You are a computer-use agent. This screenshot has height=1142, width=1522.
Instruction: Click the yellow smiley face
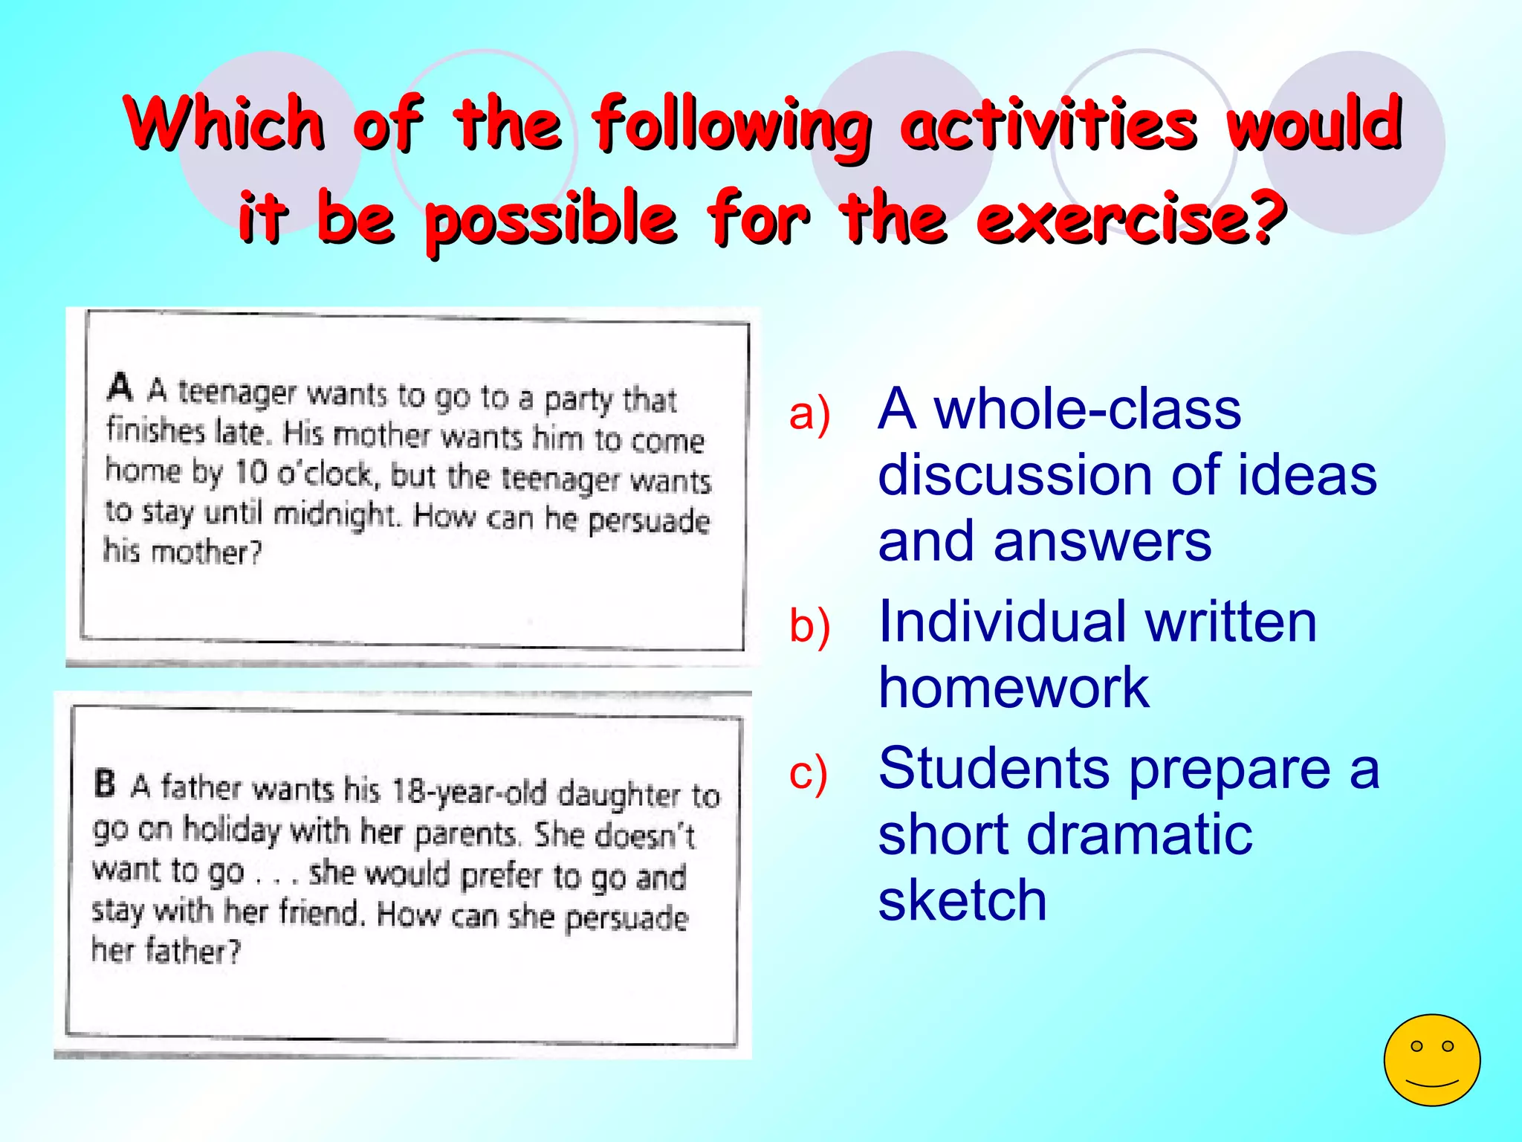(x=1431, y=1059)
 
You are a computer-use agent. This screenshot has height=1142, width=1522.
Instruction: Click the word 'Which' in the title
(x=225, y=123)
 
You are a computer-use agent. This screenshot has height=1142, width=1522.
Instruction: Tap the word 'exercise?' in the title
(x=1131, y=218)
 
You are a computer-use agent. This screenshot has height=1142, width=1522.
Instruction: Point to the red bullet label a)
(x=809, y=413)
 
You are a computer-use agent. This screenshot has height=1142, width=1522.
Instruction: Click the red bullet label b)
(x=809, y=625)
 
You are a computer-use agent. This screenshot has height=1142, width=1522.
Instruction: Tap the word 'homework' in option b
(x=1014, y=687)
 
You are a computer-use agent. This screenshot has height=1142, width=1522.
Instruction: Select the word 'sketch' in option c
(x=962, y=900)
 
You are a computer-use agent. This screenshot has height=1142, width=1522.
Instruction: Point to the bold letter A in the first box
(x=120, y=387)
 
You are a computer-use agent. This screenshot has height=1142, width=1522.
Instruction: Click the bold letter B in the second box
(x=106, y=783)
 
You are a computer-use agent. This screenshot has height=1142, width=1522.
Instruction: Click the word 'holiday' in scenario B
(x=232, y=830)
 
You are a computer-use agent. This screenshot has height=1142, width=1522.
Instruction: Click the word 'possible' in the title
(x=551, y=218)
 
